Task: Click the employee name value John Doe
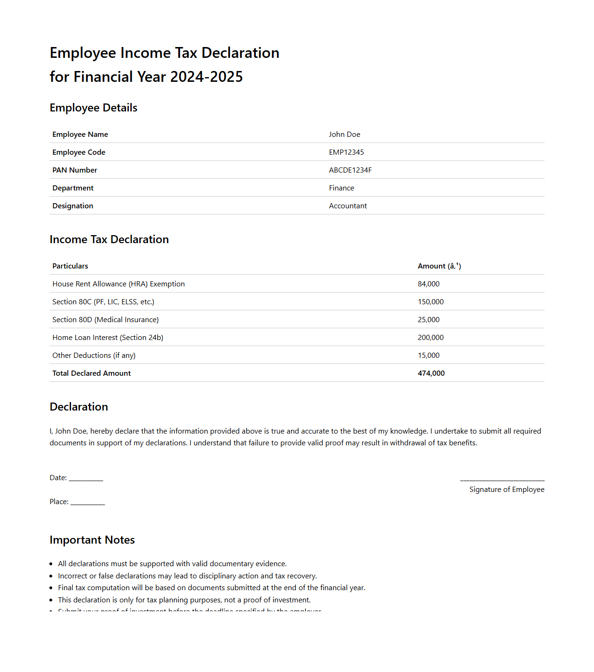click(344, 134)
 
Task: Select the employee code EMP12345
click(346, 152)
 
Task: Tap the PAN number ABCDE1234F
click(350, 170)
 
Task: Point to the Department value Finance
click(341, 188)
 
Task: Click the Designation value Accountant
click(348, 206)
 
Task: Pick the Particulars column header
click(70, 266)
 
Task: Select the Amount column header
click(439, 266)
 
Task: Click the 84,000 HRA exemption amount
click(428, 284)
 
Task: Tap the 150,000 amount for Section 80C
click(430, 302)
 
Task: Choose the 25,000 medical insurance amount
click(428, 320)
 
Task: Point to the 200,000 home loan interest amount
click(430, 338)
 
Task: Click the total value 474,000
click(431, 373)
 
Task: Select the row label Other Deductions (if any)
click(94, 356)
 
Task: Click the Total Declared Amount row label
click(91, 373)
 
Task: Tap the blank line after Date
click(86, 479)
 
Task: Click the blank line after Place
click(87, 503)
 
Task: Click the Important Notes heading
click(92, 540)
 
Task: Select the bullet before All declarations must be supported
click(51, 564)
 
